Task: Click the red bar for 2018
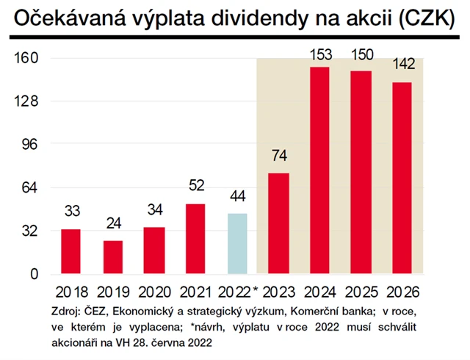pyautogui.click(x=70, y=251)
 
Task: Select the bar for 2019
pyautogui.click(x=112, y=257)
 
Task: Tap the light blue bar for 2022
pyautogui.click(x=237, y=244)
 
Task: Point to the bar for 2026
pyautogui.click(x=402, y=178)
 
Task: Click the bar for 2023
pyautogui.click(x=278, y=223)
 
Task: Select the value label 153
pyautogui.click(x=320, y=54)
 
